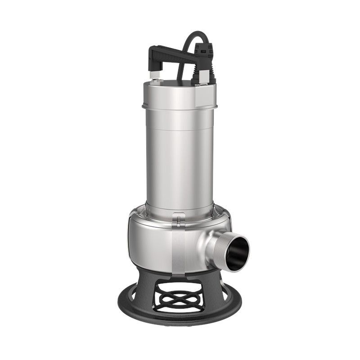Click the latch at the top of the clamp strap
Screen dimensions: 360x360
[x=179, y=221]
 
